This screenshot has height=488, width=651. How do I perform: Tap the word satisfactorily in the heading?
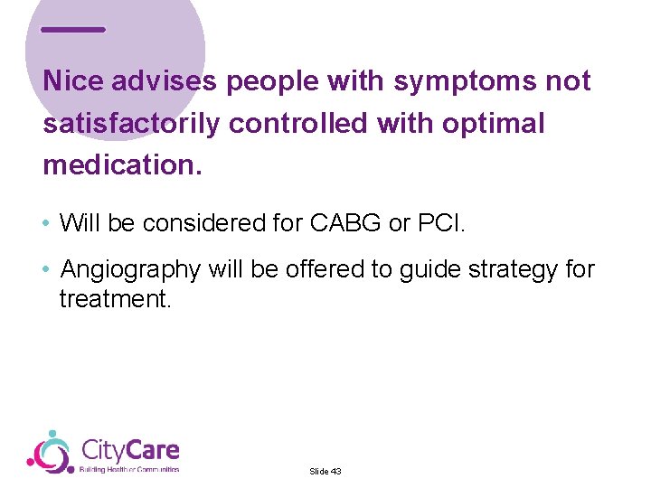coord(131,124)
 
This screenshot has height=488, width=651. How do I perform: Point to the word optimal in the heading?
coord(494,124)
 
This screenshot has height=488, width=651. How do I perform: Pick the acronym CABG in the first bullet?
coord(346,223)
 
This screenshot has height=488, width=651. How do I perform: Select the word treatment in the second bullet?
coord(114,298)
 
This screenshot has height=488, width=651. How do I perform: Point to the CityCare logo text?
coord(130,450)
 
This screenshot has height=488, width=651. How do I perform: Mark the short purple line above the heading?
coord(73,30)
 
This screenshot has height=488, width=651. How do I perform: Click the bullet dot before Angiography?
coord(47,270)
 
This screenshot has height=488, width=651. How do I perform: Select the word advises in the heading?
coord(165,81)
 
